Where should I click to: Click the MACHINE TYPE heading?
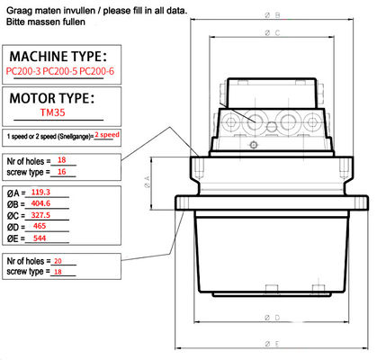coord(58,57)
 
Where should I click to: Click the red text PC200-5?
coord(60,71)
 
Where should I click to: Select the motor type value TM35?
coord(53,112)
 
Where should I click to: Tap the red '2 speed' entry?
coord(107,135)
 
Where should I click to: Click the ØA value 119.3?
coord(40,193)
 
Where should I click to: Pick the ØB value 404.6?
coord(40,203)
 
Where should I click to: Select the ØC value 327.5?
coord(40,215)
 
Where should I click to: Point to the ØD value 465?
coord(40,226)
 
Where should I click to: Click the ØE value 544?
coord(40,238)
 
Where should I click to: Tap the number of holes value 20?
coord(58,261)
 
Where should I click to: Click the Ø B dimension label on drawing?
coord(273,15)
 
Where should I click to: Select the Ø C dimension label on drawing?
coord(273,32)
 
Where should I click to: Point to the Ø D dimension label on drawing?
coord(273,318)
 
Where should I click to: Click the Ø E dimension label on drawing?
coord(273,344)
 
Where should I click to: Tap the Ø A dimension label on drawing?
coord(148,183)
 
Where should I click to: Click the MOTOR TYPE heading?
coord(52,98)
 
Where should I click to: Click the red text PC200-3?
coord(23,71)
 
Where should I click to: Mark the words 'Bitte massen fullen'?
coord(46,22)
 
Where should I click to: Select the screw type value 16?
coord(62,172)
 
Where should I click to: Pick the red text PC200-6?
coord(97,71)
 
